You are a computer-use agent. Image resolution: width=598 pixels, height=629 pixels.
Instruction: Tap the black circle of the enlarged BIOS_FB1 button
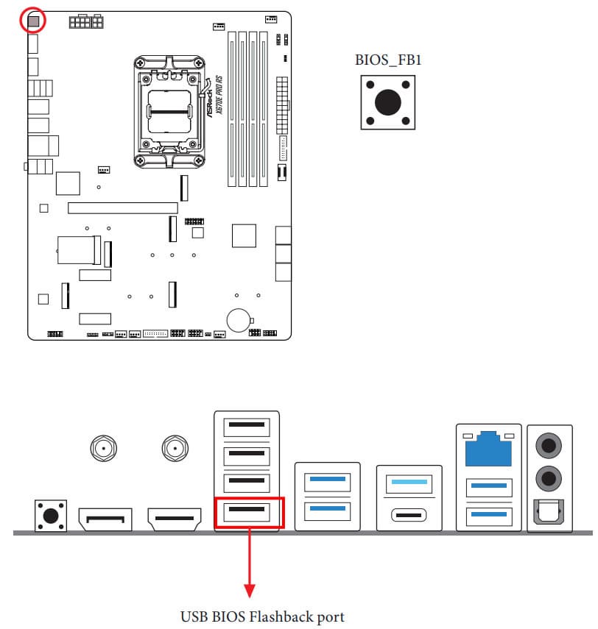tap(388, 102)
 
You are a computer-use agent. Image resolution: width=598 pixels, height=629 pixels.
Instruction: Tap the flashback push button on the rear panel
tap(50, 515)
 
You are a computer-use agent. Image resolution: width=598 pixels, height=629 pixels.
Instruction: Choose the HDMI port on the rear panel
tap(175, 521)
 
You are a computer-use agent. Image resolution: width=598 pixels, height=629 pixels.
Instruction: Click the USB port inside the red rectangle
tap(247, 511)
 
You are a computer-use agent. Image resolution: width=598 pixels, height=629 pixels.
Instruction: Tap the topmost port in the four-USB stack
tap(247, 427)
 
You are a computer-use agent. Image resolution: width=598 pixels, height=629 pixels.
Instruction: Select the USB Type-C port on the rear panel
tap(409, 513)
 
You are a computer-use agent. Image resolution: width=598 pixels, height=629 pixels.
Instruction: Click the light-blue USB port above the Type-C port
tap(409, 483)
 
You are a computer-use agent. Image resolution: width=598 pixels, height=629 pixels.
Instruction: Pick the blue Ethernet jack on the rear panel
tap(488, 447)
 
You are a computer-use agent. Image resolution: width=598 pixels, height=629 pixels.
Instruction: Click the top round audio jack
tap(549, 444)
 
